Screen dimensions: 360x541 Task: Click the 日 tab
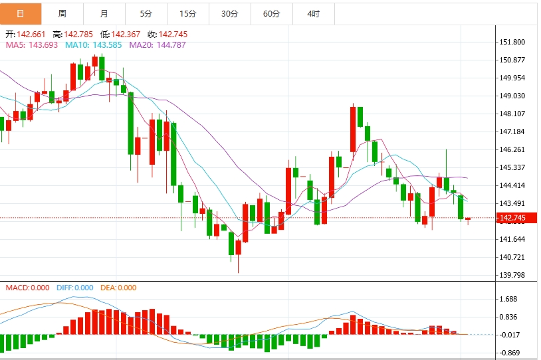[21, 13]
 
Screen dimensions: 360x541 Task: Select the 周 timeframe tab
[62, 13]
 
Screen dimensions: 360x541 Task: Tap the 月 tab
[104, 13]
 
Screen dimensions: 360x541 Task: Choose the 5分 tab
[146, 13]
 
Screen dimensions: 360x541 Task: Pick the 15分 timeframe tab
[188, 13]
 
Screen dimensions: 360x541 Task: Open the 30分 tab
[230, 13]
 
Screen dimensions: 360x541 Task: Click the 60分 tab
[272, 13]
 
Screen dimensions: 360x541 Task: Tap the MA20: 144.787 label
[158, 45]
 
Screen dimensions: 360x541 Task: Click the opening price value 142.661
[32, 35]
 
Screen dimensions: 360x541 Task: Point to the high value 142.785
[78, 35]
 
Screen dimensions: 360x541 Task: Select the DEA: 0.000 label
[118, 288]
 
